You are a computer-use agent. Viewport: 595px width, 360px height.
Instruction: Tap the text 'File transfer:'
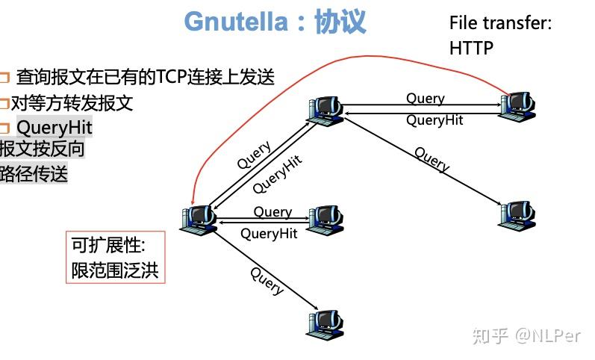click(500, 23)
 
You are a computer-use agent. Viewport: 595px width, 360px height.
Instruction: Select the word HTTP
click(471, 48)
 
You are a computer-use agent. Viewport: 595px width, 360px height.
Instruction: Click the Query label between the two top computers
click(425, 99)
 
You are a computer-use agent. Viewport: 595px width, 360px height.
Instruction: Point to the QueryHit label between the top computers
click(434, 120)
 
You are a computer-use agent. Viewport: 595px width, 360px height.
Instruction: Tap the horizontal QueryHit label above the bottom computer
click(269, 234)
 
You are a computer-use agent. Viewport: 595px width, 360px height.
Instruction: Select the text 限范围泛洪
click(115, 270)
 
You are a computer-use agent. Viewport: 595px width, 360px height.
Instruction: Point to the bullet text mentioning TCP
click(146, 76)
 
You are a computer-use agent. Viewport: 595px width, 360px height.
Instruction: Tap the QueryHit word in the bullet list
click(54, 127)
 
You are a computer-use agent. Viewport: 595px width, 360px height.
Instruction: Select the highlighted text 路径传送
click(34, 174)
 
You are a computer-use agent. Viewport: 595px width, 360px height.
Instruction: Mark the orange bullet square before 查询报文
click(4, 77)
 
